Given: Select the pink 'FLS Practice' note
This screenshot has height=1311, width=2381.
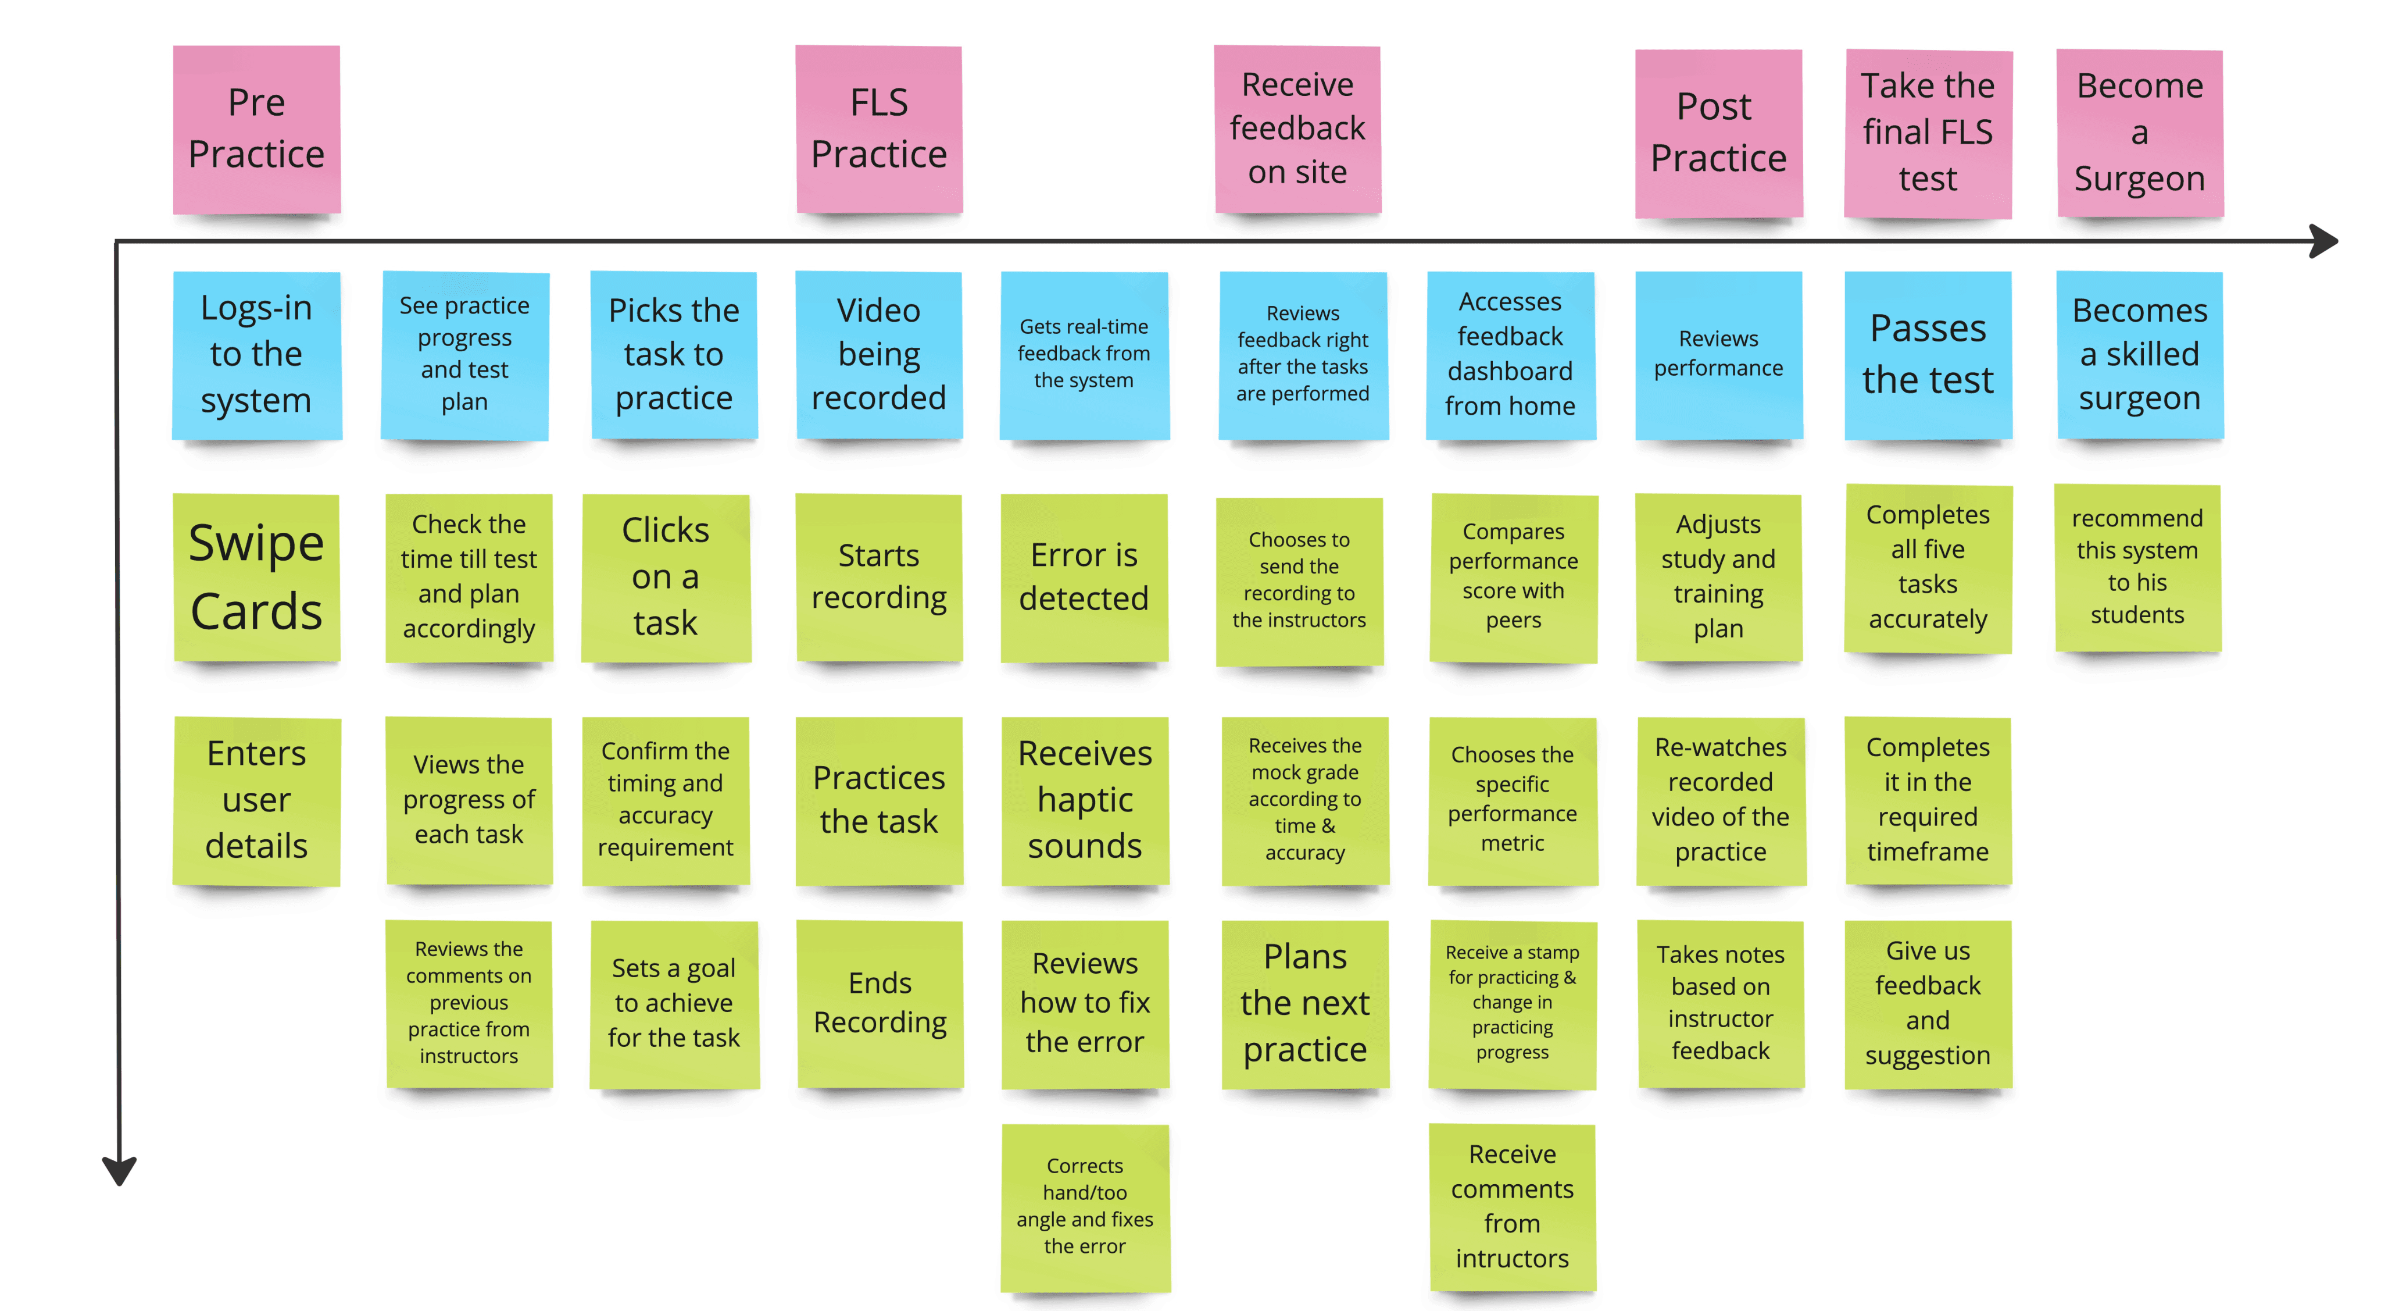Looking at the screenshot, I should tap(878, 130).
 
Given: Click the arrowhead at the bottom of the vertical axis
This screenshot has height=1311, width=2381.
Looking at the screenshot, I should tap(119, 1170).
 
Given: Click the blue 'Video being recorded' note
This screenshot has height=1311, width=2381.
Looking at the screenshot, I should tap(878, 355).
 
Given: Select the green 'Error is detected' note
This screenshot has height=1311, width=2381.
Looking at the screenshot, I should tap(1084, 578).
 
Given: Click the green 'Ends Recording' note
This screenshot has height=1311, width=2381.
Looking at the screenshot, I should tap(880, 1003).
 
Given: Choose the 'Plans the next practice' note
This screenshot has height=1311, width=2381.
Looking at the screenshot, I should tap(1304, 1003).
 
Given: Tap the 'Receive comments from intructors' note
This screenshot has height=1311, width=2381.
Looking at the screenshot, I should tap(1511, 1206).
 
